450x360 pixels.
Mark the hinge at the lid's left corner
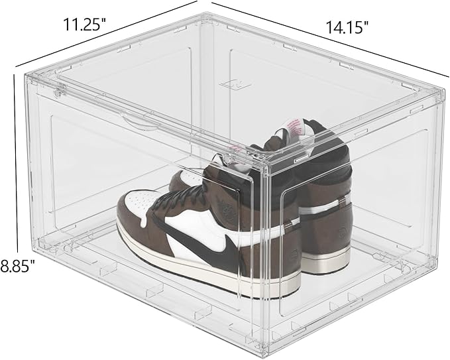pos(58,90)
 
